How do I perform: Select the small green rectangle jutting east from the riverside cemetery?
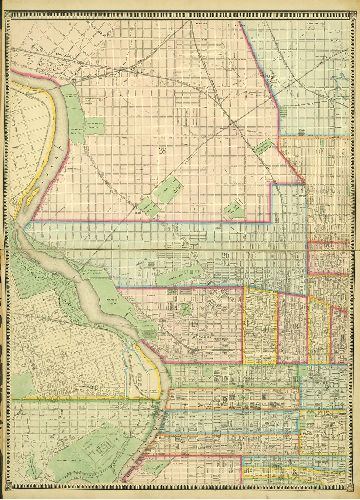[x=96, y=126]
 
